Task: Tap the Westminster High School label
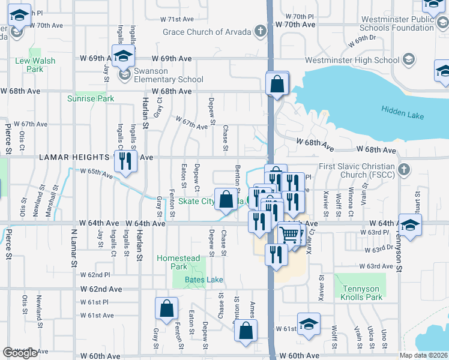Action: (x=352, y=60)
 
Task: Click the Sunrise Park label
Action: (x=91, y=98)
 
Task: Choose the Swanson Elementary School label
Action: (x=169, y=79)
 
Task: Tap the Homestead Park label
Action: (x=178, y=262)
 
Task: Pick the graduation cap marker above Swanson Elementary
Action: (x=124, y=56)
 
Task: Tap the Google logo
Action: (x=20, y=353)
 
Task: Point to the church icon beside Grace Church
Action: (x=260, y=31)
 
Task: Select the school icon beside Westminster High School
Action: (x=408, y=59)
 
